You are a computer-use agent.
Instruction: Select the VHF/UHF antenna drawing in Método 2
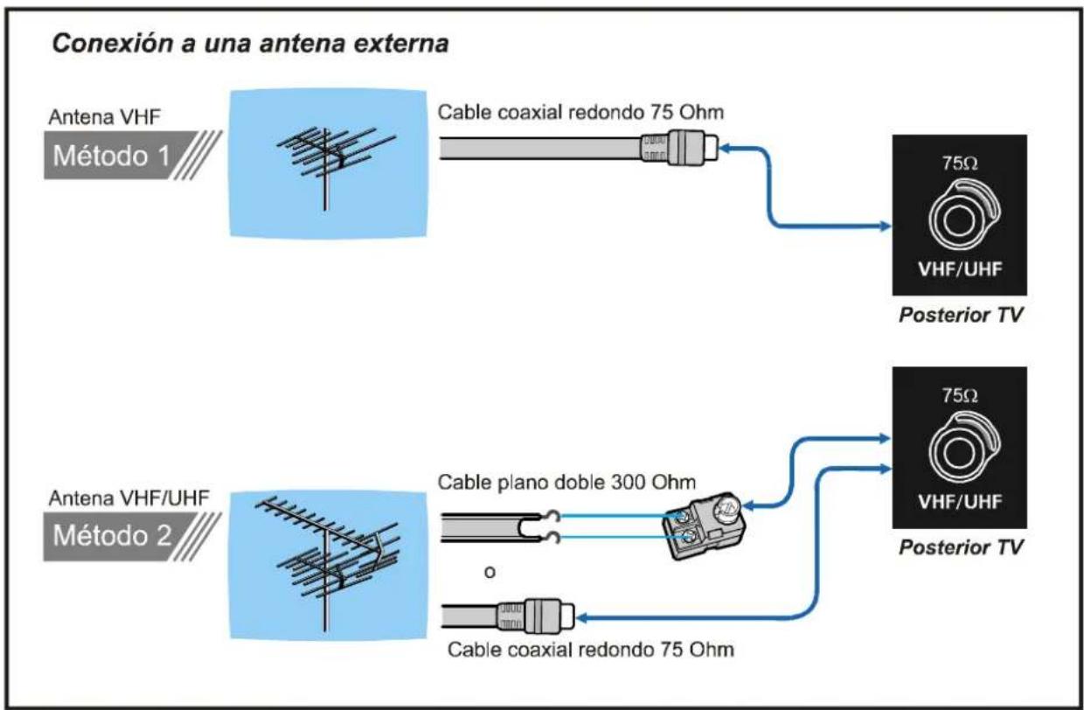tap(323, 559)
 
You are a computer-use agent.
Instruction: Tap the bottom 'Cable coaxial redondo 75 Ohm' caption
tap(590, 651)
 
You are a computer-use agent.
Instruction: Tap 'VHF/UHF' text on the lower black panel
tap(959, 505)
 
